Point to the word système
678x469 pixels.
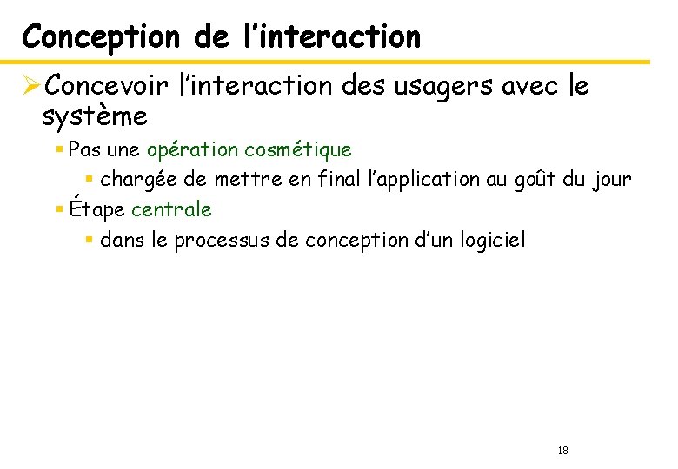pyautogui.click(x=94, y=116)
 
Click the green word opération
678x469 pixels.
pyautogui.click(x=193, y=150)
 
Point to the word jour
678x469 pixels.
pyautogui.click(x=612, y=180)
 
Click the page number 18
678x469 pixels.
pyautogui.click(x=562, y=450)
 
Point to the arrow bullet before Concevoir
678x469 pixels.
pyautogui.click(x=32, y=86)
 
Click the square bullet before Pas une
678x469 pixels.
pyautogui.click(x=59, y=150)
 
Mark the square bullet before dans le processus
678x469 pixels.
pyautogui.click(x=90, y=240)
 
